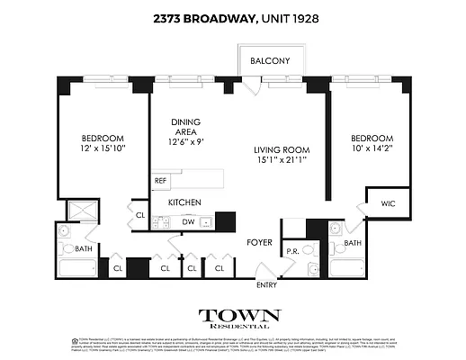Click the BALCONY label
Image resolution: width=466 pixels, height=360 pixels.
click(x=270, y=61)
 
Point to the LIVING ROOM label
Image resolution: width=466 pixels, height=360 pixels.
click(x=281, y=149)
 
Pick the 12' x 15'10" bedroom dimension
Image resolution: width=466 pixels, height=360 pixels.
click(x=93, y=149)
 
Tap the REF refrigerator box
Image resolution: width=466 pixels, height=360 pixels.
click(x=161, y=181)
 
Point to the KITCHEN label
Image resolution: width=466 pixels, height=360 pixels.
click(x=184, y=202)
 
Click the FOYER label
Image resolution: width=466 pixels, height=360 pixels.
click(x=260, y=242)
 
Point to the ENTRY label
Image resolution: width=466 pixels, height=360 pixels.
click(x=267, y=285)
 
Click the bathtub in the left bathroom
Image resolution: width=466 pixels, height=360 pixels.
click(x=78, y=267)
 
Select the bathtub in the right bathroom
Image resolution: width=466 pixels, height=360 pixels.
click(x=345, y=267)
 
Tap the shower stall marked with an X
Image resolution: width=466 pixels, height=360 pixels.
click(x=84, y=213)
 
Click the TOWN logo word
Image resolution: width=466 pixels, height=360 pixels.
click(x=239, y=316)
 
